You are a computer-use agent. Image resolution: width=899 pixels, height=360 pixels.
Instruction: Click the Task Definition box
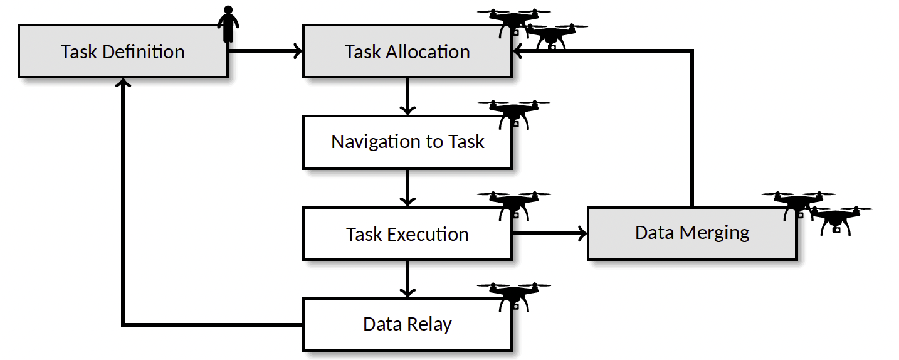tap(123, 51)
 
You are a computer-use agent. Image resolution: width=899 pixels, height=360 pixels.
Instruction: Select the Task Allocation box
tap(407, 51)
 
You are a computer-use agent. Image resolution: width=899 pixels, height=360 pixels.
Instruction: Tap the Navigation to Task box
tap(407, 142)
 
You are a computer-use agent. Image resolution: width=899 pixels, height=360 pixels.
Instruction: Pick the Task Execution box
tap(407, 234)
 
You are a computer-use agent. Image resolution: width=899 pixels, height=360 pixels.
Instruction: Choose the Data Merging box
tap(692, 233)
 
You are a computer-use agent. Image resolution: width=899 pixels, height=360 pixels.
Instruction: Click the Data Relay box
tap(407, 324)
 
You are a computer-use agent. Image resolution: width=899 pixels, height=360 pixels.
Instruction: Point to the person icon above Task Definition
tap(228, 24)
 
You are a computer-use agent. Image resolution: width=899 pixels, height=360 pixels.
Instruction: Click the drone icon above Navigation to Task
tap(514, 113)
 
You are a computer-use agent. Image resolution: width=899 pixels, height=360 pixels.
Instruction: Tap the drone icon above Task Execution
tap(514, 204)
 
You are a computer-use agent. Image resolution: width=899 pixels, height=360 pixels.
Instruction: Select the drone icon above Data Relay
tap(514, 295)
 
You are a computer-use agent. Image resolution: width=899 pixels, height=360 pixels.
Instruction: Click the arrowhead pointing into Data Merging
tap(581, 234)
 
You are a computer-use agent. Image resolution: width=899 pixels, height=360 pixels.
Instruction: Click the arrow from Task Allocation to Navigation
tap(407, 96)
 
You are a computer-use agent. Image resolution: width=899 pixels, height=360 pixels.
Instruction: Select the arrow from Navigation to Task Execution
tap(407, 188)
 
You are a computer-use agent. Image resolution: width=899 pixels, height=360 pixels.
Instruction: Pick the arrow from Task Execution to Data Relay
tap(407, 278)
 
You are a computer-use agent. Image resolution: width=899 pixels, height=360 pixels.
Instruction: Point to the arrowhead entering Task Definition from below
tap(123, 83)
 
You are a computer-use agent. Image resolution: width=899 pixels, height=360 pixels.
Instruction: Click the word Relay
tap(429, 325)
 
